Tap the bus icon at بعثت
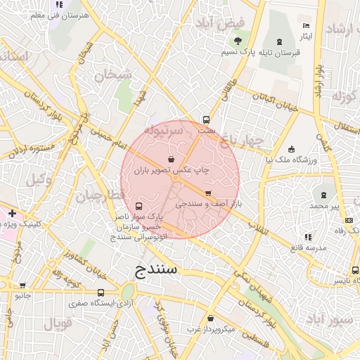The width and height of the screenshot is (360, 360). pyautogui.click(x=206, y=120)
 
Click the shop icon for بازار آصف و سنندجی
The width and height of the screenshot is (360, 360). pyautogui.click(x=208, y=193)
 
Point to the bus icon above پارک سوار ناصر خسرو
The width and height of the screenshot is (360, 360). pyautogui.click(x=138, y=207)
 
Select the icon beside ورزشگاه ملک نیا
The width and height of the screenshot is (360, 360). pyautogui.click(x=292, y=149)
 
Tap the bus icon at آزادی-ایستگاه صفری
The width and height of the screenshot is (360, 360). pyautogui.click(x=101, y=292)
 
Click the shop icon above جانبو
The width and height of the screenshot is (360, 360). pyautogui.click(x=23, y=285)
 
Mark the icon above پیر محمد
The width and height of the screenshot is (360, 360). pyautogui.click(x=324, y=194)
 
